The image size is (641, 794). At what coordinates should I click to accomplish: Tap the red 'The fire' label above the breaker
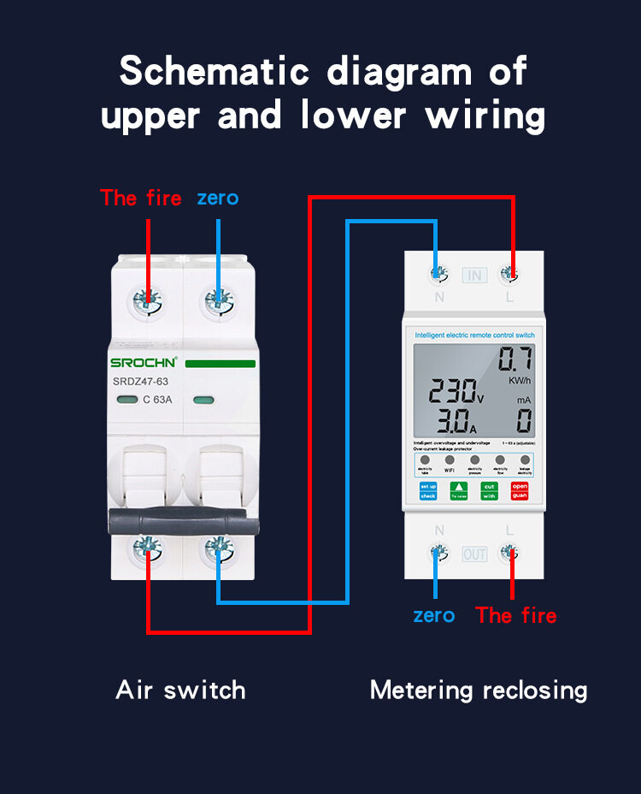141,198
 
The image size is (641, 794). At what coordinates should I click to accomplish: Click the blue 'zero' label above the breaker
218,198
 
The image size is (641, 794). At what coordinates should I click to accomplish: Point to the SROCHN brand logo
144,363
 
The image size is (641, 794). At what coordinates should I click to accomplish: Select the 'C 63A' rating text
159,399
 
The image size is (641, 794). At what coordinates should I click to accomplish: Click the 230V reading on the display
456,392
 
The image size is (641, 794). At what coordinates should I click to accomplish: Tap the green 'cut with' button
489,490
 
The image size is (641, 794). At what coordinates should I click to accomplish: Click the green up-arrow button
459,490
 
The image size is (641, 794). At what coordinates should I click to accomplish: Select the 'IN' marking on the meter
474,275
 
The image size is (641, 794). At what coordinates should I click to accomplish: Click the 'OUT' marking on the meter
474,554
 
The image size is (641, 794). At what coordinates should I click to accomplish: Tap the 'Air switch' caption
180,690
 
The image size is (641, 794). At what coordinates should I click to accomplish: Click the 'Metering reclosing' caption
479,690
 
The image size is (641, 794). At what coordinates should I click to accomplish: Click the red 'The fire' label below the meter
516,615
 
